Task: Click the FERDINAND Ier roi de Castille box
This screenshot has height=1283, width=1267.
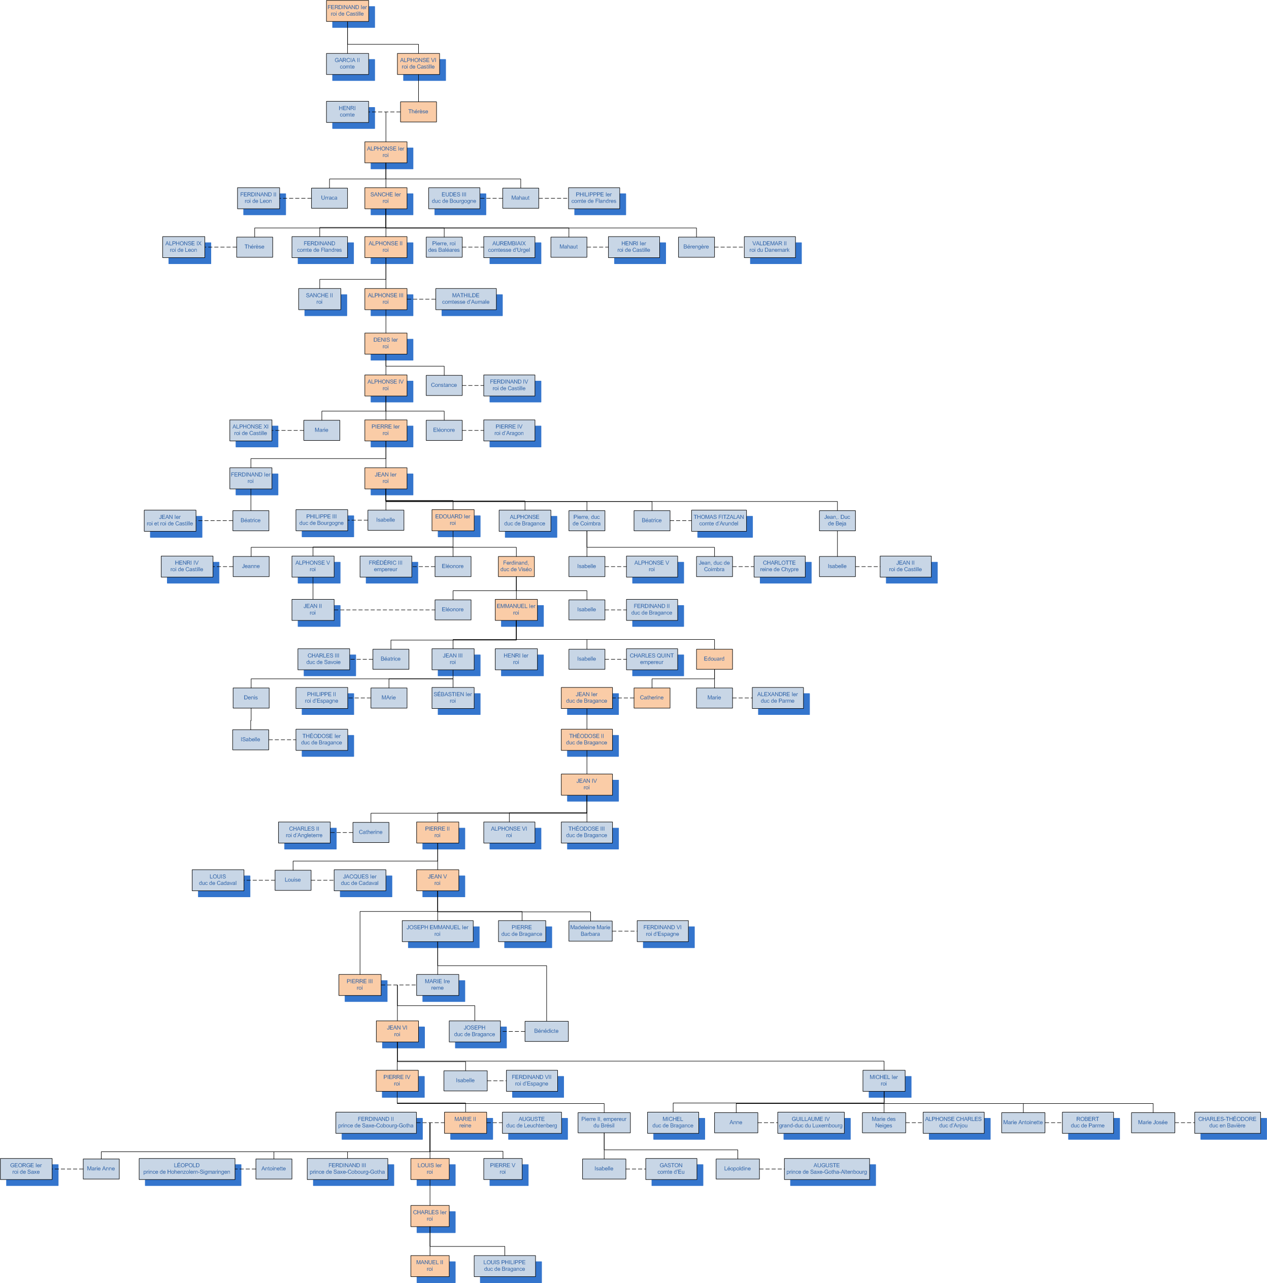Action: pyautogui.click(x=347, y=11)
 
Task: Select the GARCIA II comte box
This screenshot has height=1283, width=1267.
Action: pyautogui.click(x=347, y=64)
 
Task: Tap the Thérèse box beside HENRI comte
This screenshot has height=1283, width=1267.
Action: pyautogui.click(x=418, y=112)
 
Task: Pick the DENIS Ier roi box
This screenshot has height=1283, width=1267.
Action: pyautogui.click(x=385, y=343)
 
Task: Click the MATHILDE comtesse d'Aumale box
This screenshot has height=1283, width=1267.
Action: pyautogui.click(x=465, y=299)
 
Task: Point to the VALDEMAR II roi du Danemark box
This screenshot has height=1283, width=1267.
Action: pyautogui.click(x=769, y=247)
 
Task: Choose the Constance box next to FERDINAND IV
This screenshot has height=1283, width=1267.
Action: pyautogui.click(x=444, y=385)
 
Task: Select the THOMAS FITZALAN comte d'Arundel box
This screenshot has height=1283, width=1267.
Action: pyautogui.click(x=718, y=520)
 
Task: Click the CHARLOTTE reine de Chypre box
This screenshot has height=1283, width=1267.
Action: pyautogui.click(x=779, y=567)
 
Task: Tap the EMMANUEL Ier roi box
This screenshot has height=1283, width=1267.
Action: pyautogui.click(x=515, y=610)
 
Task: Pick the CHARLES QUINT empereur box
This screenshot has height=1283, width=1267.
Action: pyautogui.click(x=651, y=659)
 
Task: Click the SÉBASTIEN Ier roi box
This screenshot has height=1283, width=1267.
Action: pyautogui.click(x=452, y=698)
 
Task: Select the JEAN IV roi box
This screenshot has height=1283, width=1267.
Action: pyautogui.click(x=586, y=784)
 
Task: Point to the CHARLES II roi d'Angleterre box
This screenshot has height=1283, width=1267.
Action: pyautogui.click(x=304, y=832)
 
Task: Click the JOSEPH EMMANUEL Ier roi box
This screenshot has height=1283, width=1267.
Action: pyautogui.click(x=437, y=931)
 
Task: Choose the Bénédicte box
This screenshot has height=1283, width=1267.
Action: pyautogui.click(x=546, y=1031)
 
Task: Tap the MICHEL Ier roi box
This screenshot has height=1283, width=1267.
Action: pyautogui.click(x=883, y=1080)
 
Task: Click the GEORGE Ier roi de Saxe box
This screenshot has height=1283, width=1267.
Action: pyautogui.click(x=26, y=1169)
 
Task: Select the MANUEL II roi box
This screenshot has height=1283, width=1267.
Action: pyautogui.click(x=429, y=1266)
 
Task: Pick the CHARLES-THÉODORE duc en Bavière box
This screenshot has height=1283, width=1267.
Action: pyautogui.click(x=1226, y=1122)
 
